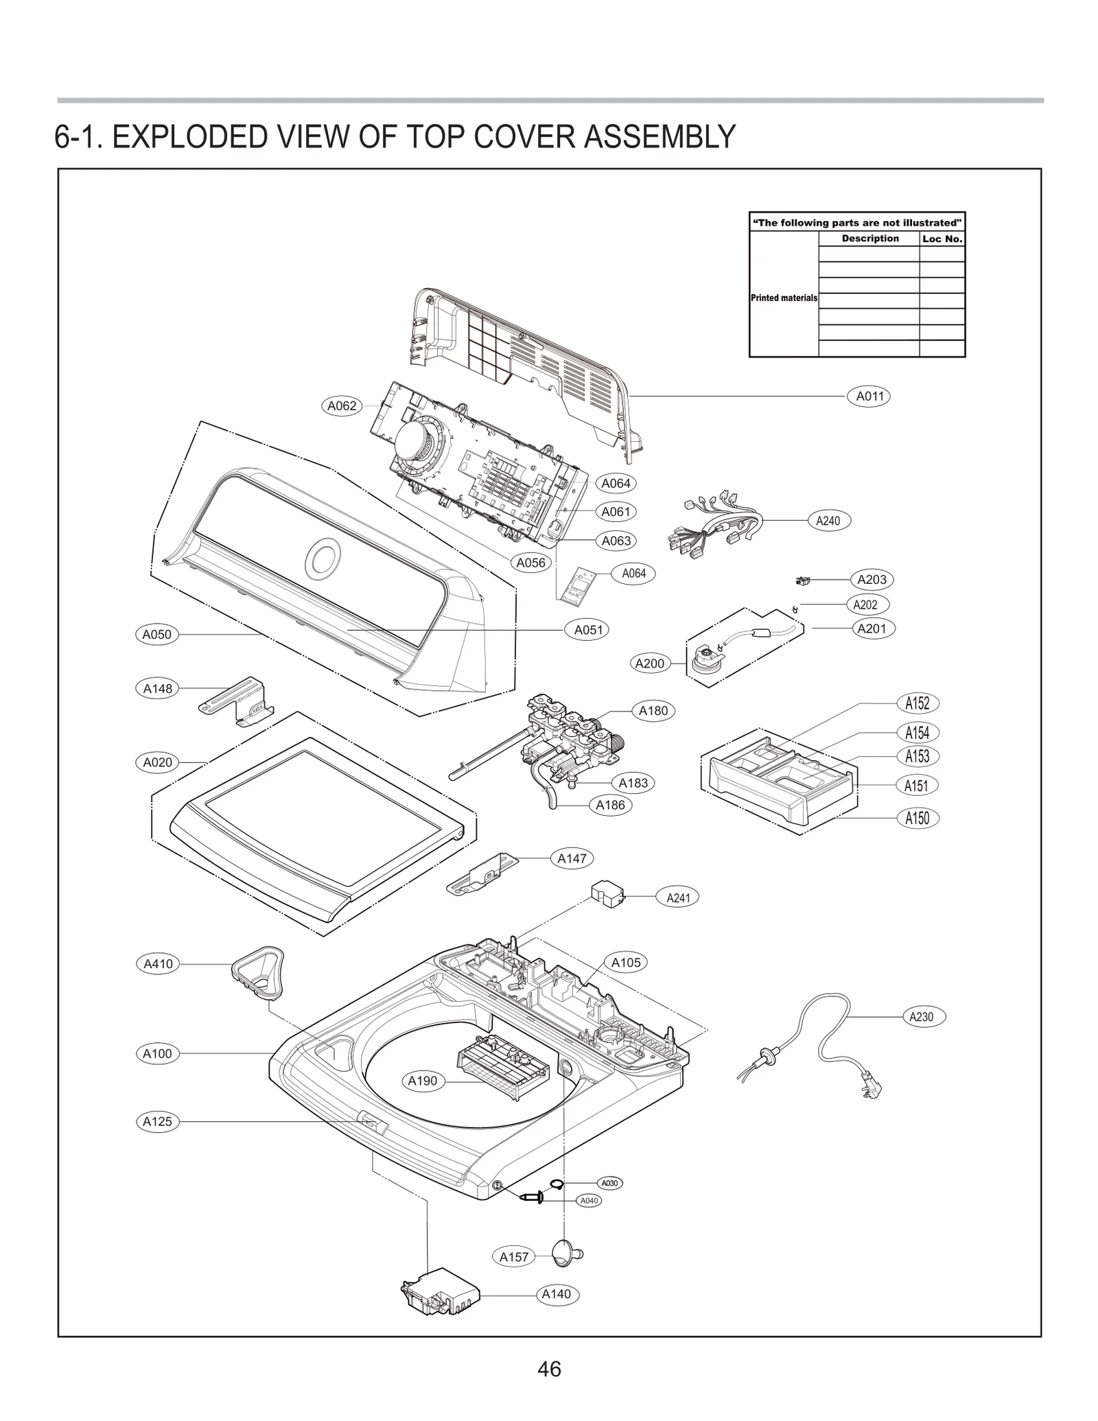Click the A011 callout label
coord(869,396)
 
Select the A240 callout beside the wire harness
coord(828,521)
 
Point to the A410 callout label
coord(158,964)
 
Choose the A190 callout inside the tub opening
coord(423,1081)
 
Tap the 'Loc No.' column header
coord(942,239)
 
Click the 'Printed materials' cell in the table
coord(784,298)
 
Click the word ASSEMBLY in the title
coord(659,137)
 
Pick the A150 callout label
coord(917,818)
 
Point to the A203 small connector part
coord(802,582)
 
